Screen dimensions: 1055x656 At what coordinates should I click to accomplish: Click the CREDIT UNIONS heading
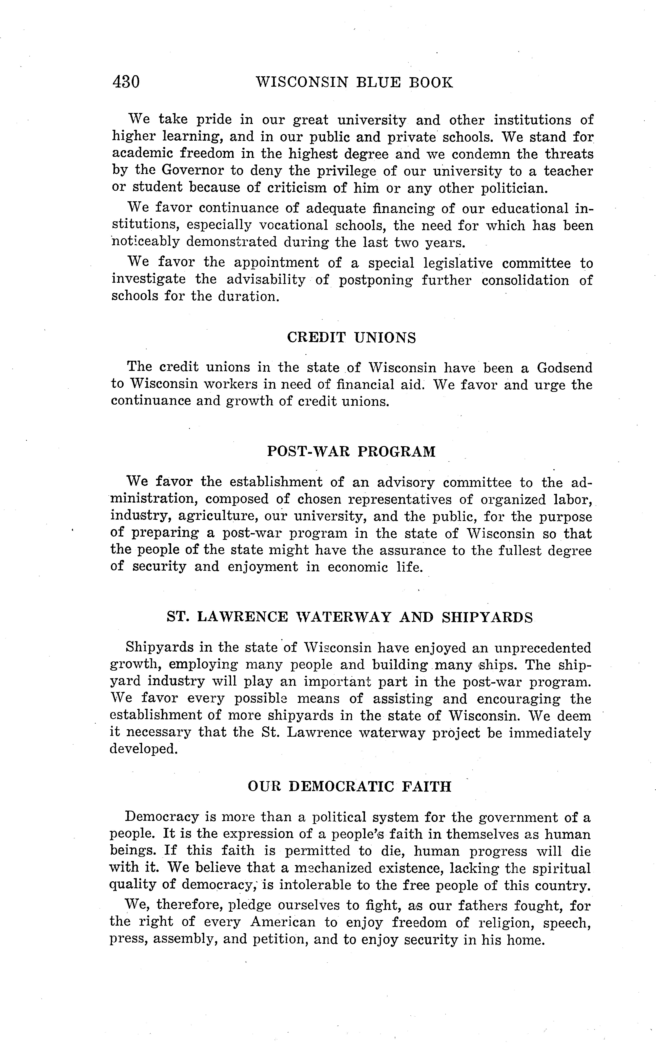click(x=351, y=337)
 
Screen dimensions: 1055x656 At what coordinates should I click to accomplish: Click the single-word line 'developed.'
click(x=144, y=749)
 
